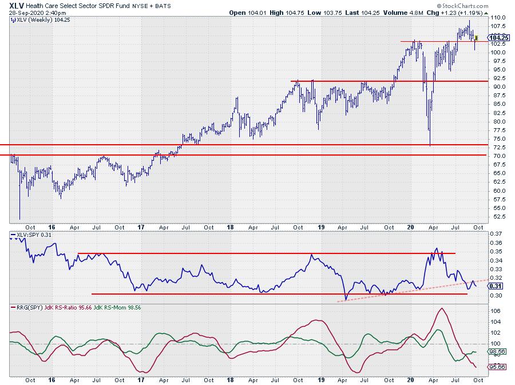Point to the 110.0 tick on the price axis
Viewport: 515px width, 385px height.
click(x=497, y=18)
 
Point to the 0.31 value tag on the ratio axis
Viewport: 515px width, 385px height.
click(x=496, y=286)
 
